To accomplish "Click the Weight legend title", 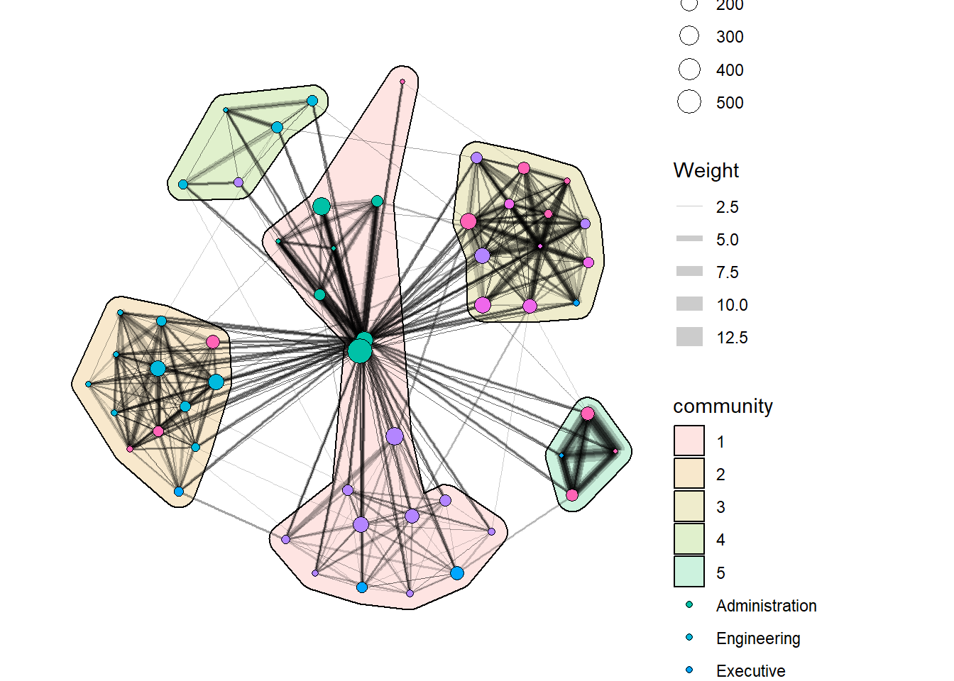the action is (x=706, y=171).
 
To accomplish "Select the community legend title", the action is (x=723, y=406).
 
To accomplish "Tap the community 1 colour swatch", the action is (x=689, y=441).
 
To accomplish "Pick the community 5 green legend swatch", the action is (x=689, y=572).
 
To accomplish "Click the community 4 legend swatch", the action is (x=689, y=539).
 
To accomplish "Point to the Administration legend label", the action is (x=766, y=606).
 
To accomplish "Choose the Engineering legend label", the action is (x=758, y=638).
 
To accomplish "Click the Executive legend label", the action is (x=750, y=671).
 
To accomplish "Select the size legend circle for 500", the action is (x=689, y=101).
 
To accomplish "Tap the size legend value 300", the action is (x=730, y=37).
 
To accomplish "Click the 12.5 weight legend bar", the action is (x=689, y=337).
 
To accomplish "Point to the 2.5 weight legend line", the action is (x=689, y=206).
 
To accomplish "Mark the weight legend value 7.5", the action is (x=728, y=272).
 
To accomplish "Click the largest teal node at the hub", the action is (x=360, y=352).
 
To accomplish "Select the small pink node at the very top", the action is (x=402, y=82).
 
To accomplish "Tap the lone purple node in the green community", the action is (x=238, y=182).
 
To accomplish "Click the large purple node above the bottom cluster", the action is (x=395, y=436).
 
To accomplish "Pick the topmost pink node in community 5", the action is (x=588, y=414).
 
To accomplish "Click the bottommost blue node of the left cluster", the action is (x=179, y=492).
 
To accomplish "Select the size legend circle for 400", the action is (x=689, y=69).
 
